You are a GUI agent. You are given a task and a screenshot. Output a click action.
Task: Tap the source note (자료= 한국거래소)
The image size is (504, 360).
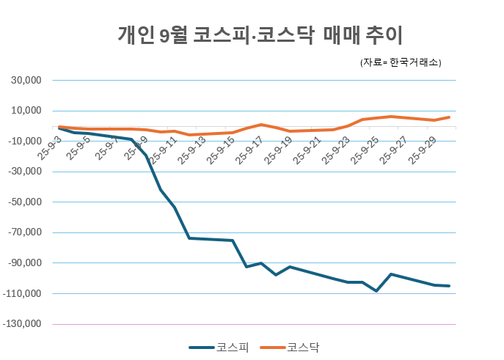[x=401, y=63]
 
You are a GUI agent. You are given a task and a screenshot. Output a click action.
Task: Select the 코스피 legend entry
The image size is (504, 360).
[x=220, y=347]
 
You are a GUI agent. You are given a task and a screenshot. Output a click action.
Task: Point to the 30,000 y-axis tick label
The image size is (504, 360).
[x=26, y=80]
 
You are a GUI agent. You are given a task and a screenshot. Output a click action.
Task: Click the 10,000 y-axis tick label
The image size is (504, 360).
[x=26, y=111]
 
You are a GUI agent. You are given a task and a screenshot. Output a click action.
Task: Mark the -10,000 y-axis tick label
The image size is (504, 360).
[x=25, y=141]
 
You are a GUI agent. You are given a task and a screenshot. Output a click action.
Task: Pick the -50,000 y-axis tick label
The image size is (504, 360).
[x=25, y=202]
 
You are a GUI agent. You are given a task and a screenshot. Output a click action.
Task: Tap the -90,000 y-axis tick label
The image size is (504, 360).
[x=25, y=262]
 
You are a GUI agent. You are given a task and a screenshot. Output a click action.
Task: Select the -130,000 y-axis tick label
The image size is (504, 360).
[x=23, y=323]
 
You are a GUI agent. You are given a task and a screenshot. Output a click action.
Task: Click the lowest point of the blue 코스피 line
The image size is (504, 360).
[x=376, y=291]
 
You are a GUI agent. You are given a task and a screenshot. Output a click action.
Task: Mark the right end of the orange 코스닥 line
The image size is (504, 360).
[x=449, y=117]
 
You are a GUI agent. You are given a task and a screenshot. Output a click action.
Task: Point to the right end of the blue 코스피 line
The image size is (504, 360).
[x=449, y=286]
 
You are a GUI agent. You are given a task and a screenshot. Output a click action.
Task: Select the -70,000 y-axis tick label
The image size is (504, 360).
[x=25, y=232]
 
